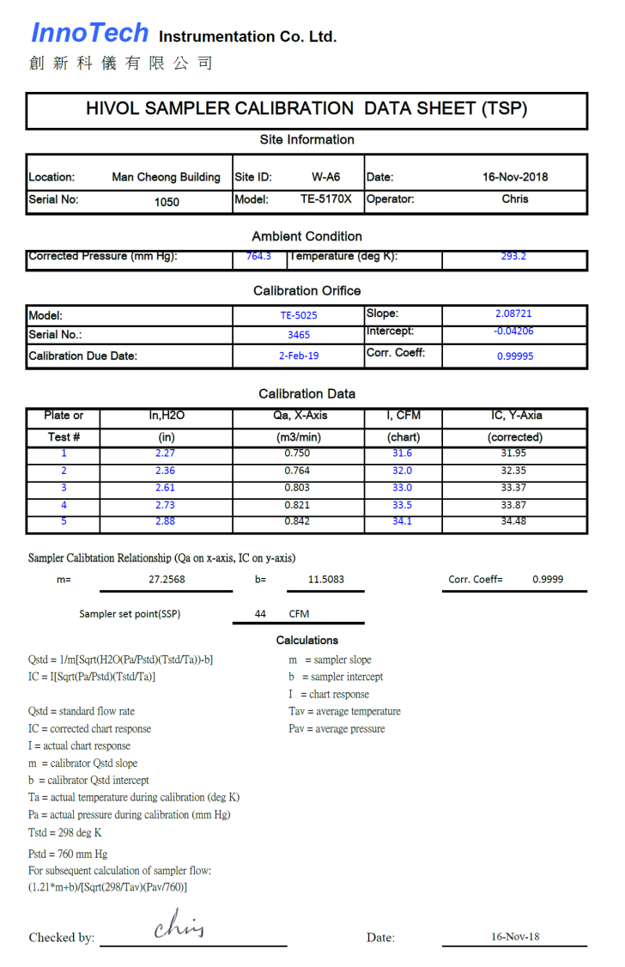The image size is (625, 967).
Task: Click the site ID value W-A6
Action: pos(325,178)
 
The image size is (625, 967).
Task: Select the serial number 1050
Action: pos(167,202)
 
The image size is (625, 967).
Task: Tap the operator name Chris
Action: pos(515,198)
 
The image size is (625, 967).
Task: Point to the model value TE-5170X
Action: pos(325,198)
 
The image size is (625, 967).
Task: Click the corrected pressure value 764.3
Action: pos(258,256)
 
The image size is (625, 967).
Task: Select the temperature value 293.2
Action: pos(513,256)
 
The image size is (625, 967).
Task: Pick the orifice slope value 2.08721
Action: pos(513,313)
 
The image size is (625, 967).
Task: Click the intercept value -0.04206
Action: pos(513,331)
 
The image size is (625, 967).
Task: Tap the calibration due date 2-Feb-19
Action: pos(299,356)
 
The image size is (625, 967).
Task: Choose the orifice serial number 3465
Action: pos(299,335)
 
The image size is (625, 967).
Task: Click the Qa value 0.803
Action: pos(297,488)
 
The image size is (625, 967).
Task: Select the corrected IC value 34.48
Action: pos(513,521)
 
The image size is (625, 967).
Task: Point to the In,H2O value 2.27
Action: pos(166,453)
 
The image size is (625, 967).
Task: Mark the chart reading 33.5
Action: pos(402,505)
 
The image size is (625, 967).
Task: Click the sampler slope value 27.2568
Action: pos(167,580)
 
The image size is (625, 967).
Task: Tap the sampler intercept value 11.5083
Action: pos(326,580)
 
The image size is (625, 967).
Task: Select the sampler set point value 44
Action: pos(260,614)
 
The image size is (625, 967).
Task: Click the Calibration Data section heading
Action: pos(306,394)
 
